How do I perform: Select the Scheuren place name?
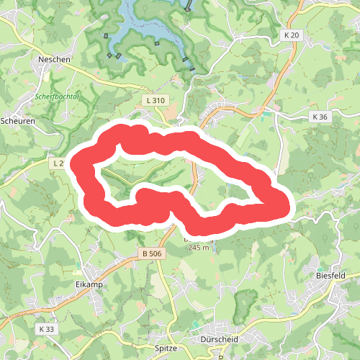tap(17, 120)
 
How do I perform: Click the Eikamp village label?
tap(89, 284)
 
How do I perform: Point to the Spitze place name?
tap(166, 347)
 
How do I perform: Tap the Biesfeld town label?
tap(332, 274)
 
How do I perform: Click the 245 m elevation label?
tap(198, 247)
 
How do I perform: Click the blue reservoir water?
tap(144, 29)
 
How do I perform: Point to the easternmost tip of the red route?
tap(289, 207)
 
